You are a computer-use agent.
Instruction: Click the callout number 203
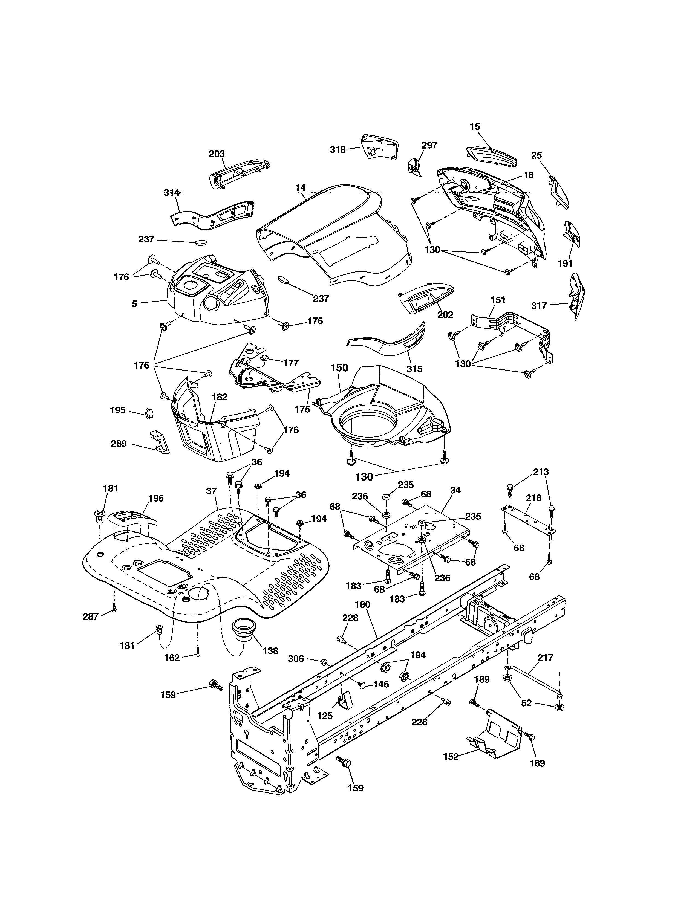(217, 154)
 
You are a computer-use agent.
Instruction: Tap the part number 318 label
(338, 150)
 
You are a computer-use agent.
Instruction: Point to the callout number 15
(475, 127)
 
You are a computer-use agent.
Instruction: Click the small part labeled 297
(414, 167)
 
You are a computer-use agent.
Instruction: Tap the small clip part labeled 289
(160, 442)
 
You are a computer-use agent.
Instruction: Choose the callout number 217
(545, 657)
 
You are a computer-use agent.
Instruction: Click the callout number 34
(455, 490)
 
